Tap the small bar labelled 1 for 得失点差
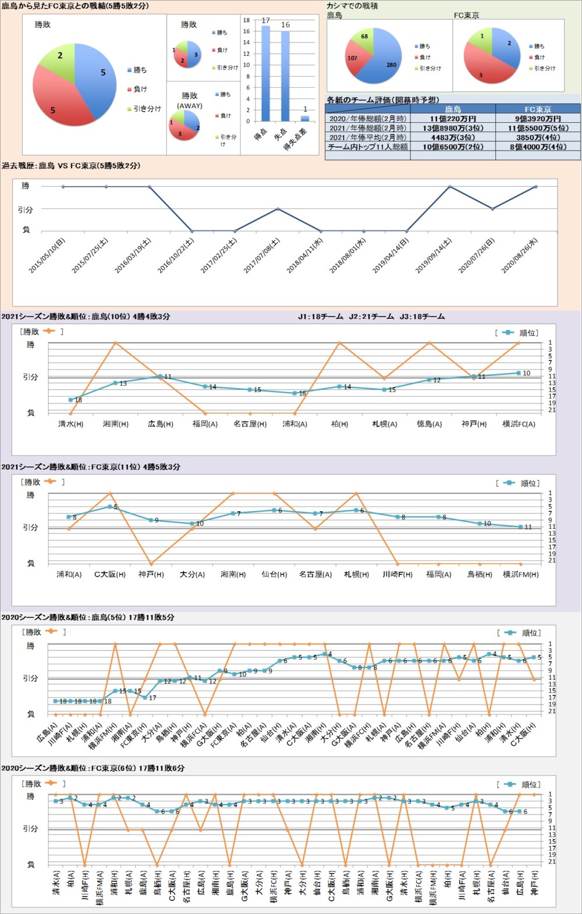pos(305,118)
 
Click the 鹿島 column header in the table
pos(453,109)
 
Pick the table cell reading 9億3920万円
pos(537,119)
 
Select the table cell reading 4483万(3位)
pos(453,137)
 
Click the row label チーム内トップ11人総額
pos(368,147)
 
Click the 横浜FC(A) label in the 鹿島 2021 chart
pos(519,424)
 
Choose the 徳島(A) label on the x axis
pos(429,424)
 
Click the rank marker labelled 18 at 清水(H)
pos(71,400)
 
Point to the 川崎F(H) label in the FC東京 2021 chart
pos(398,574)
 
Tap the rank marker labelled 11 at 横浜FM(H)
pos(521,527)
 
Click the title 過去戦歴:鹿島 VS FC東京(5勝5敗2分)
pos(71,166)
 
